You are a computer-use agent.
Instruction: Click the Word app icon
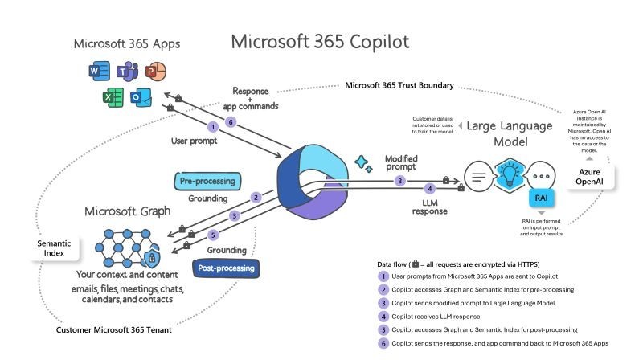point(99,72)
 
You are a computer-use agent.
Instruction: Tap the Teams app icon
point(127,72)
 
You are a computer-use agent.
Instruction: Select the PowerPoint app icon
point(155,72)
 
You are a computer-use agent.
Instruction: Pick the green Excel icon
point(113,97)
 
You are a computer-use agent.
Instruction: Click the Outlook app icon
point(141,97)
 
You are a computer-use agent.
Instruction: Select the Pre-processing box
point(207,182)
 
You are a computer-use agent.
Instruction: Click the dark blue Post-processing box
point(226,268)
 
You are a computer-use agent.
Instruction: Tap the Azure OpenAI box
point(589,177)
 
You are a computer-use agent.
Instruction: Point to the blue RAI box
point(541,198)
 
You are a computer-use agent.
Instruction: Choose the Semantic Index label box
point(54,248)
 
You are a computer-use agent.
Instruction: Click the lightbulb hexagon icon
point(510,174)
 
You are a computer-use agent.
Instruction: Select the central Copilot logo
point(313,182)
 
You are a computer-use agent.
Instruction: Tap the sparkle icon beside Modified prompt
point(363,164)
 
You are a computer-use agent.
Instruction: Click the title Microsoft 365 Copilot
point(320,42)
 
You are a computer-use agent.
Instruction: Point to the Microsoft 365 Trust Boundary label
point(399,85)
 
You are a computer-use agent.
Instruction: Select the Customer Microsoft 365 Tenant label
point(113,329)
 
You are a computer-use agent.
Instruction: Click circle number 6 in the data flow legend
point(383,343)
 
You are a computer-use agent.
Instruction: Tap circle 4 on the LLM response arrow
point(430,189)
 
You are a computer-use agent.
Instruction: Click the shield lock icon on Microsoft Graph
point(152,257)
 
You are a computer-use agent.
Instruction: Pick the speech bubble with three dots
point(541,176)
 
